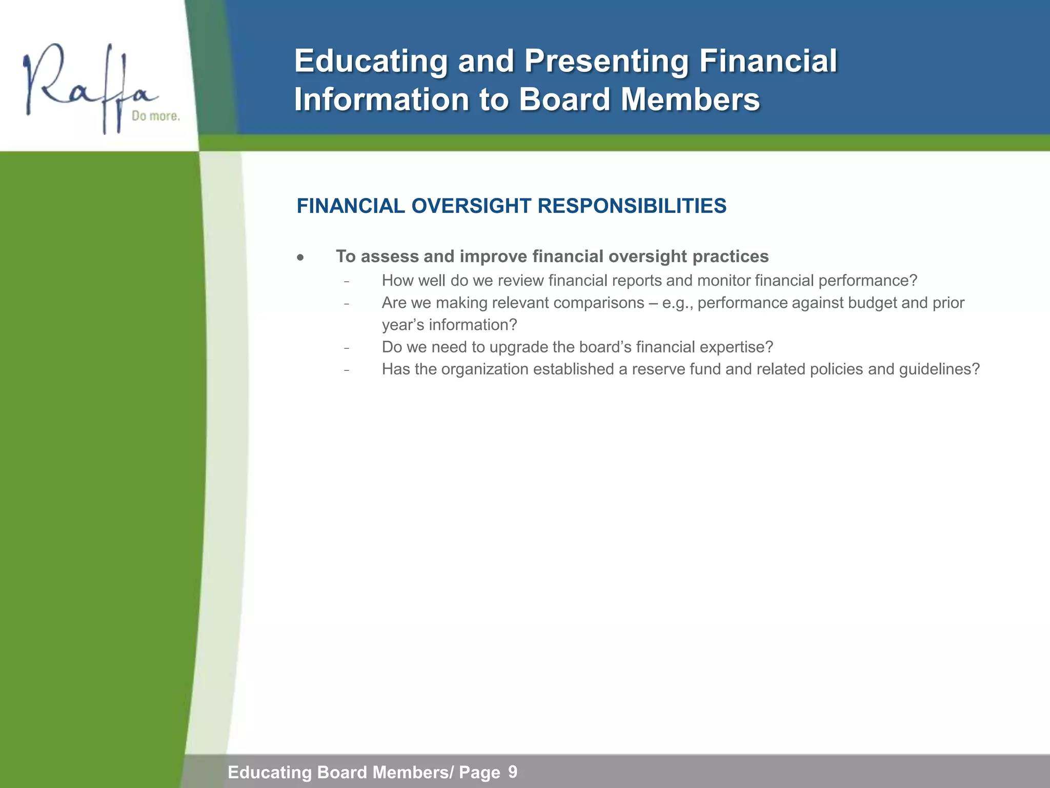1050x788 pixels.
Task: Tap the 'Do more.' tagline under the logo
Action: pyautogui.click(x=155, y=116)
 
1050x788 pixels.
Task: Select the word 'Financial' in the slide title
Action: pyautogui.click(x=768, y=61)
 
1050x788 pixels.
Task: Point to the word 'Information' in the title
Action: pyautogui.click(x=381, y=100)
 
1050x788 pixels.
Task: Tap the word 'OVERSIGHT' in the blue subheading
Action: pyautogui.click(x=471, y=206)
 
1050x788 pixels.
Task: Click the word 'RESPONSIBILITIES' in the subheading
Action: pyautogui.click(x=632, y=206)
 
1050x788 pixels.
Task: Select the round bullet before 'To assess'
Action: pyautogui.click(x=300, y=257)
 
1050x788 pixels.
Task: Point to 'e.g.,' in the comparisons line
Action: pyautogui.click(x=677, y=303)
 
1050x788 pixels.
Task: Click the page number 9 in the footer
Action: pyautogui.click(x=513, y=771)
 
